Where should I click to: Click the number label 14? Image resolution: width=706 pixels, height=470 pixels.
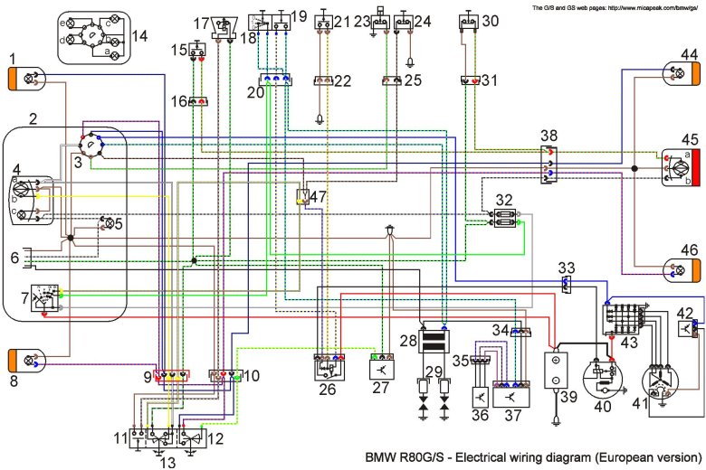138,36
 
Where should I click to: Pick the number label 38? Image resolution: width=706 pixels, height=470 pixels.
549,135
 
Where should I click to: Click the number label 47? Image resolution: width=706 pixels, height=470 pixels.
318,196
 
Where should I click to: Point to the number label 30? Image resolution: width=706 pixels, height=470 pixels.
490,21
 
